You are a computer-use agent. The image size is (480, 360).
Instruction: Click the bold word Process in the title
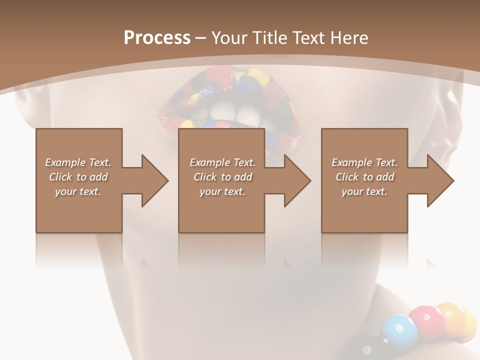(x=157, y=38)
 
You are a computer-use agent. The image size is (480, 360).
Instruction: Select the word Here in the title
(x=348, y=38)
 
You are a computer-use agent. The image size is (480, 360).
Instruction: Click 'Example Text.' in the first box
(x=78, y=162)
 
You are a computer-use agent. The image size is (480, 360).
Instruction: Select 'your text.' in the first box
(x=78, y=191)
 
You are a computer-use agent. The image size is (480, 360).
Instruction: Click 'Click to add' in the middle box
(x=222, y=177)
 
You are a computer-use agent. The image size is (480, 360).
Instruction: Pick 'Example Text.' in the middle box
(x=222, y=162)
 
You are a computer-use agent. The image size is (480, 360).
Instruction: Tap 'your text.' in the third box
(x=364, y=191)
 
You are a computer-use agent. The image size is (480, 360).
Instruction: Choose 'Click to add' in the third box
(x=364, y=177)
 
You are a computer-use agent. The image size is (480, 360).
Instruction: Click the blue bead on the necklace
(x=398, y=330)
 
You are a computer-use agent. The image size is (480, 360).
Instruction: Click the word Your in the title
(x=229, y=38)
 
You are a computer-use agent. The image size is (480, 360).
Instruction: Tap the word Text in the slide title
(x=308, y=38)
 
